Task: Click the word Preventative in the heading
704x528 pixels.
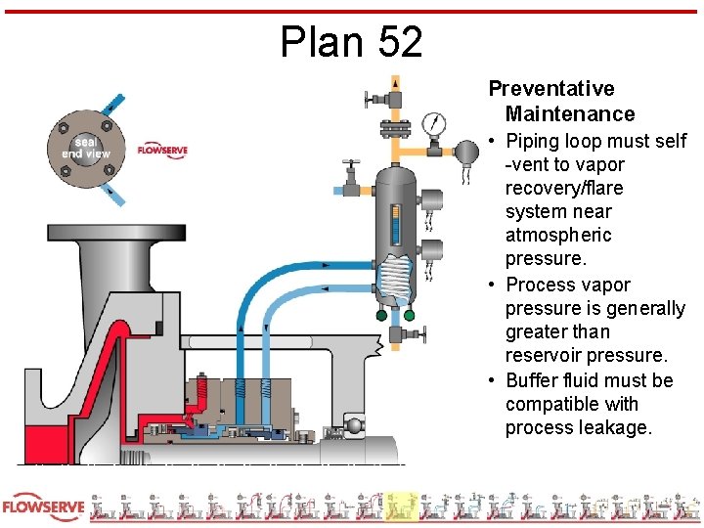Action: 551,89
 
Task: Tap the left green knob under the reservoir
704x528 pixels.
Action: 381,315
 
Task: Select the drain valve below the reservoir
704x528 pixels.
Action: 395,336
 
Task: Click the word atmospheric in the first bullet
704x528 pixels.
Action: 558,235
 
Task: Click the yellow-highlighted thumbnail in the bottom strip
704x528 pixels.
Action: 401,506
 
